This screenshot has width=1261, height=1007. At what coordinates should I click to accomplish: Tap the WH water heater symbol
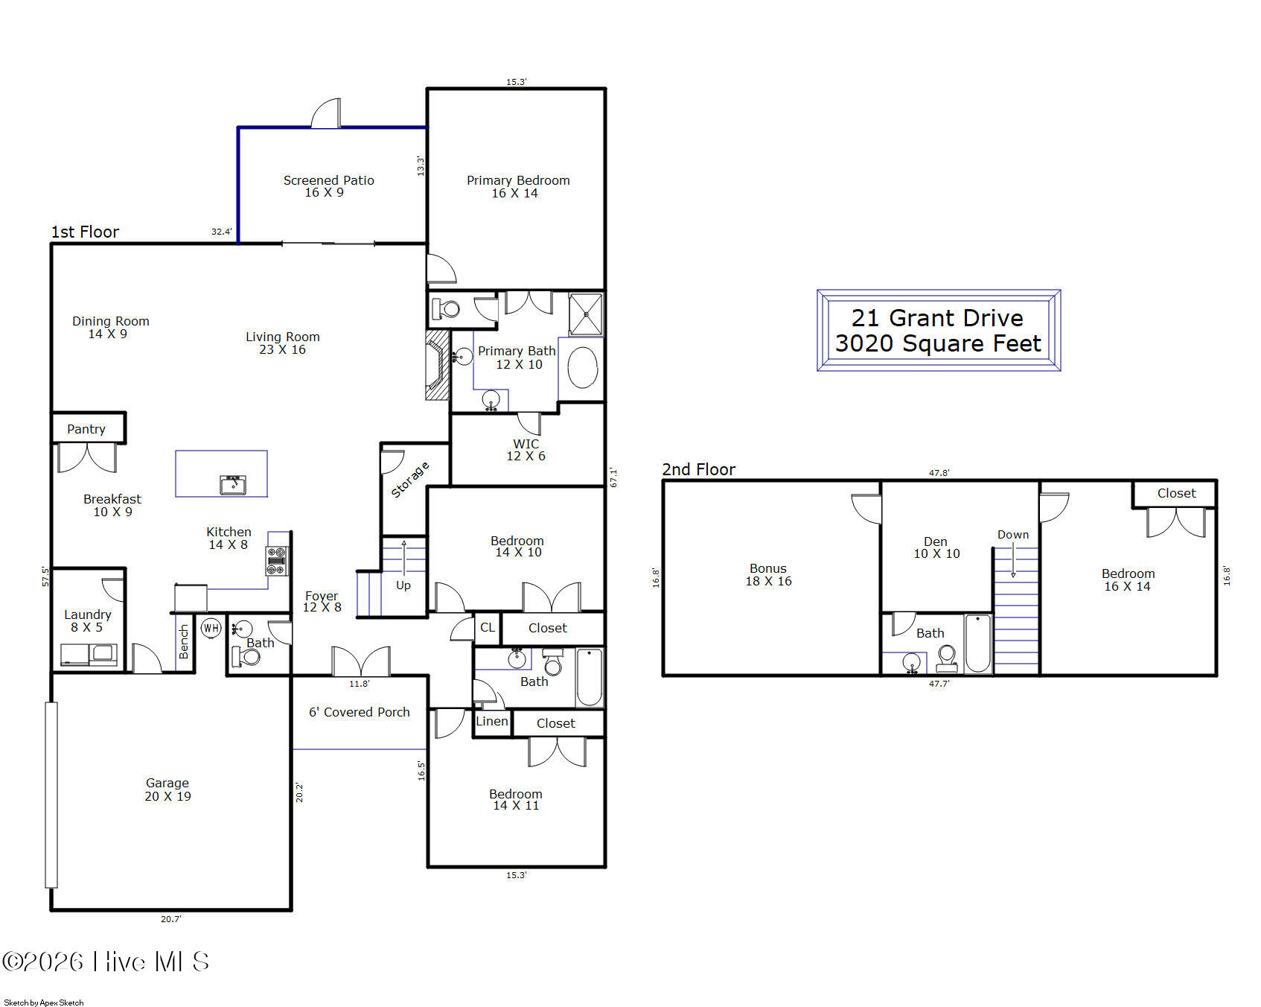[x=211, y=628]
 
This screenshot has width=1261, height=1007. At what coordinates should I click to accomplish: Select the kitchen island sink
[x=233, y=485]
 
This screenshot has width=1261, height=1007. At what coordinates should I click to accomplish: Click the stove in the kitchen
[x=277, y=561]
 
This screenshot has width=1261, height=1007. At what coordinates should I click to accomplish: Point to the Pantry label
[x=86, y=429]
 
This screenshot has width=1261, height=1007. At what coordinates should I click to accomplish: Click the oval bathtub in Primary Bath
[x=582, y=367]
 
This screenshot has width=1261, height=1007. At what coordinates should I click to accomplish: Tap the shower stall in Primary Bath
[x=586, y=314]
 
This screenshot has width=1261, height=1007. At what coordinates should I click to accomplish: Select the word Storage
[x=410, y=480]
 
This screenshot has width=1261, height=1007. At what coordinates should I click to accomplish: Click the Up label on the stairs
[x=403, y=585]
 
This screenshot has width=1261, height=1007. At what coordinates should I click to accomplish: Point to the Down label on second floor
[x=1013, y=535]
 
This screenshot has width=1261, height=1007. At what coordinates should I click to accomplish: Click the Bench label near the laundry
[x=184, y=641]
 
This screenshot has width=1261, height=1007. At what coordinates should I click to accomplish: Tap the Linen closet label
[x=492, y=721]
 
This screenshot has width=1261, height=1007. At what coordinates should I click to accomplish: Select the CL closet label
[x=488, y=627]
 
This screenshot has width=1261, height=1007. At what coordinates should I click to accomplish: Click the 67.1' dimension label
[x=613, y=477]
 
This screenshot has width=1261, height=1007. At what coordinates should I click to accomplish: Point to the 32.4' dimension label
[x=222, y=232]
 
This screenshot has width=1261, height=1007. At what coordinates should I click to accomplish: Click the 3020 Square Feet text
[x=938, y=343]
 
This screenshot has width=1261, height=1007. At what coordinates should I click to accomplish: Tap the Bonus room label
[x=768, y=568]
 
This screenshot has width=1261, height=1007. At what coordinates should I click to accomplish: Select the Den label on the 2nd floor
[x=936, y=541]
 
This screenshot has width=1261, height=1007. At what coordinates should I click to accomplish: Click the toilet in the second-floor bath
[x=947, y=659]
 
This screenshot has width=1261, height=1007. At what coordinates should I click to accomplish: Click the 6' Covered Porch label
[x=360, y=712]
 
